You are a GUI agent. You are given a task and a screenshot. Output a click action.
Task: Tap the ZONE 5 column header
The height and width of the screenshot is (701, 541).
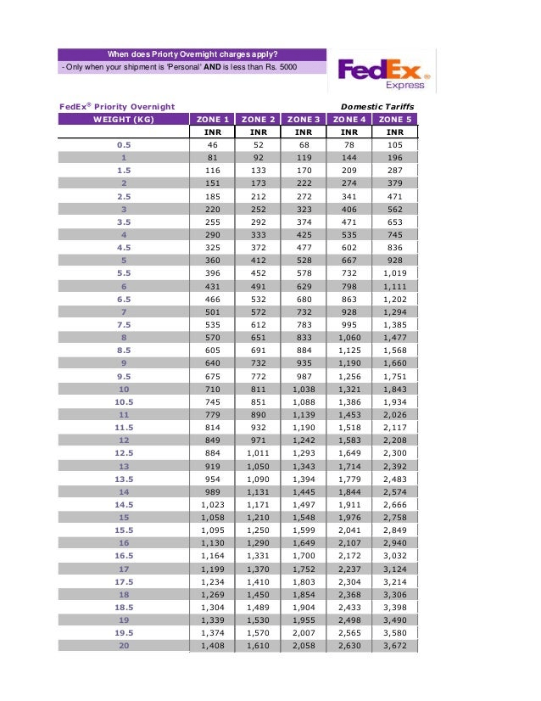pyautogui.click(x=394, y=120)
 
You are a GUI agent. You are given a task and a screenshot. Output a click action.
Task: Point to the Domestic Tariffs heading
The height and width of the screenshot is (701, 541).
pyautogui.click(x=377, y=106)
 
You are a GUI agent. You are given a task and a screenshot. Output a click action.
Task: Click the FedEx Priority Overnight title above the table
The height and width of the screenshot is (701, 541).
pyautogui.click(x=116, y=106)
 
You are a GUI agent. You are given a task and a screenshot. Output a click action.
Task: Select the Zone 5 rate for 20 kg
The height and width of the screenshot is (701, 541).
pyautogui.click(x=394, y=647)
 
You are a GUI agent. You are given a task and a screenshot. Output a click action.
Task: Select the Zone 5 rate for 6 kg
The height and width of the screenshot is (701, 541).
pyautogui.click(x=394, y=287)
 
